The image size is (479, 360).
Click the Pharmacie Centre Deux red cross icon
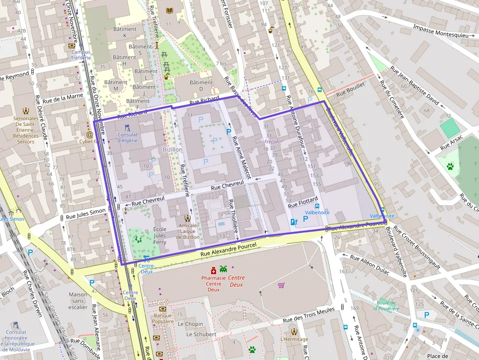pos(213,270)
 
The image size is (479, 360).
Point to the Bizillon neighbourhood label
pos(172,149)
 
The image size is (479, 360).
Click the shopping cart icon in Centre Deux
pos(281,285)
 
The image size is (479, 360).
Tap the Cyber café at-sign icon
pos(89,134)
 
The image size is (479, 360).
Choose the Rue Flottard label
pos(303,202)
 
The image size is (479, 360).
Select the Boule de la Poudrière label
pos(386,305)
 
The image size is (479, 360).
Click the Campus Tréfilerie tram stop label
pos(81,55)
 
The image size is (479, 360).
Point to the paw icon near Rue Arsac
pos(450,166)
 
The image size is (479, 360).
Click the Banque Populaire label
pos(163,318)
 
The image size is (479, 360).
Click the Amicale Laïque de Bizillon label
pos(188,231)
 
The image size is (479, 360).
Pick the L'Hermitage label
pos(294,339)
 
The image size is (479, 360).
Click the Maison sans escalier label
pos(78,301)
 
